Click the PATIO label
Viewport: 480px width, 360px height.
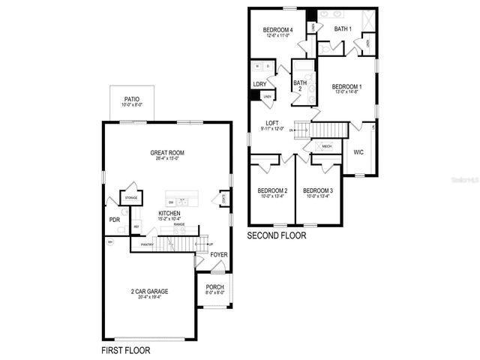[x=131, y=98]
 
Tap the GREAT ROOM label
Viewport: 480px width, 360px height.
[x=166, y=153]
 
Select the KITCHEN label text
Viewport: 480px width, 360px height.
[x=169, y=214]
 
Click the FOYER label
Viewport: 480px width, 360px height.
[x=218, y=255]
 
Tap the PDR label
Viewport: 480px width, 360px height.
[x=115, y=220]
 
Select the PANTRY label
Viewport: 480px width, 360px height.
[x=147, y=244]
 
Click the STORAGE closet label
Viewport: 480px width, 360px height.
[x=131, y=197]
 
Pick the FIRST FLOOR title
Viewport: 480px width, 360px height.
[x=126, y=349]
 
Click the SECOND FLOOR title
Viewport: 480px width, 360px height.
[x=277, y=235]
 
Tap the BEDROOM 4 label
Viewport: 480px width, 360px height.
[x=278, y=30]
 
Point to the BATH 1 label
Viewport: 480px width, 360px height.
[x=343, y=28]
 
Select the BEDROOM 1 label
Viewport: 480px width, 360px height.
[x=346, y=87]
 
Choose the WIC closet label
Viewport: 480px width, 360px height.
[x=358, y=151]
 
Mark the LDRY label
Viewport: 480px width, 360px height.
[x=259, y=84]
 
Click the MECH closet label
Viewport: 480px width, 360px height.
[x=327, y=145]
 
